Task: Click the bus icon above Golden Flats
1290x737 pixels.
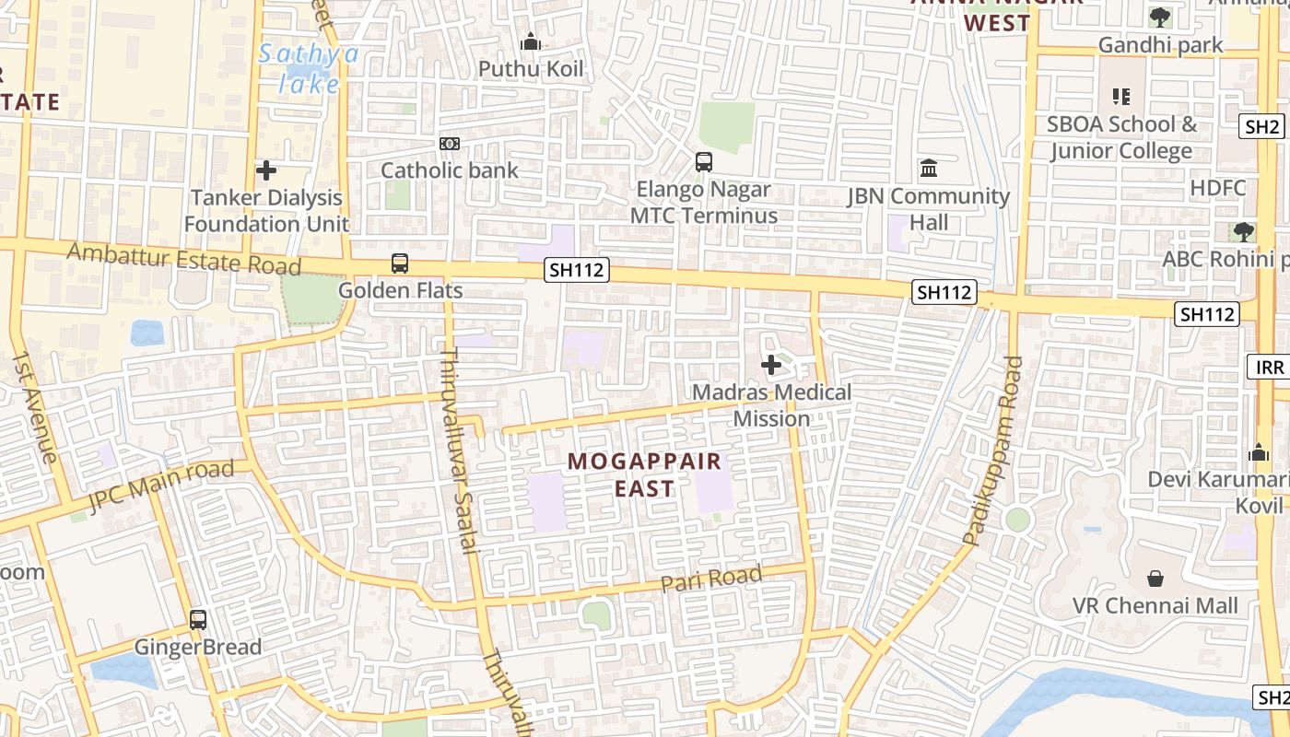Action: click(400, 263)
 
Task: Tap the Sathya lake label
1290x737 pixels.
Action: click(309, 68)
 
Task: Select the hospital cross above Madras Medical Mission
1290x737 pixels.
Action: click(771, 366)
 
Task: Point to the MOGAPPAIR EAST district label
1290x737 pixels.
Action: click(645, 474)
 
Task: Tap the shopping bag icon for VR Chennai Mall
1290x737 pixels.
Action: click(1155, 579)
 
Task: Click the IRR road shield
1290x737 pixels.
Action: click(1269, 368)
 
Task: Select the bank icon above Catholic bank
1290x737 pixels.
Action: click(450, 144)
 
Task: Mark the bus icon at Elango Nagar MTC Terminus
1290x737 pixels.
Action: click(704, 162)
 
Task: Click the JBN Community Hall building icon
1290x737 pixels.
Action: click(929, 169)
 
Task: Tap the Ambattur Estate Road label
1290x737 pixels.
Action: click(183, 258)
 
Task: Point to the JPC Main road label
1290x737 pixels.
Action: click(161, 486)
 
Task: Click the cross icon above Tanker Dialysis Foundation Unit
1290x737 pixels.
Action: click(266, 170)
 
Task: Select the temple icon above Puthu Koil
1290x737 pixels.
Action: click(531, 41)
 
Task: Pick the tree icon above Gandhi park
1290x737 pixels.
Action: click(1160, 17)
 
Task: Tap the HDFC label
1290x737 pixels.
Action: click(1217, 189)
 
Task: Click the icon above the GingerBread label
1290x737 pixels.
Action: click(198, 620)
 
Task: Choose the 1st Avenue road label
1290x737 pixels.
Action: click(35, 406)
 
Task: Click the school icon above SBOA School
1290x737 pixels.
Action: click(1121, 96)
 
